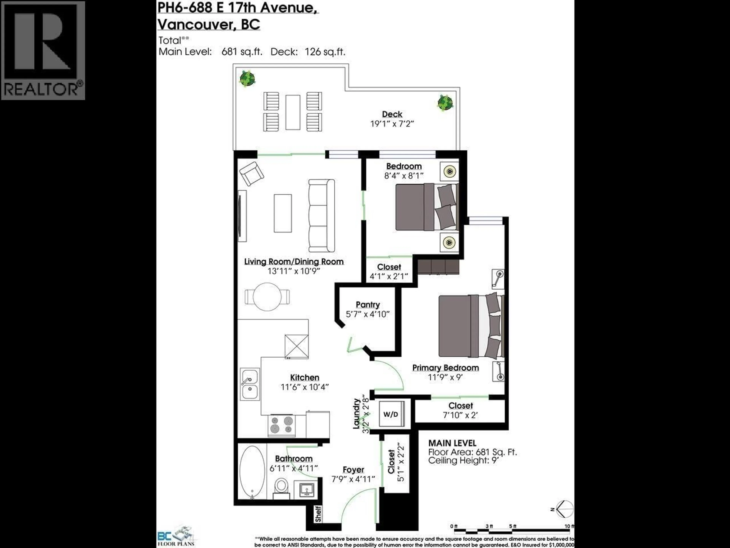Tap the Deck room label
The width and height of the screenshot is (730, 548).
click(392, 114)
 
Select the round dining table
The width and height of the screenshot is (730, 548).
click(267, 296)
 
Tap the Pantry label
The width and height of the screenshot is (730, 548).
click(368, 305)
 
